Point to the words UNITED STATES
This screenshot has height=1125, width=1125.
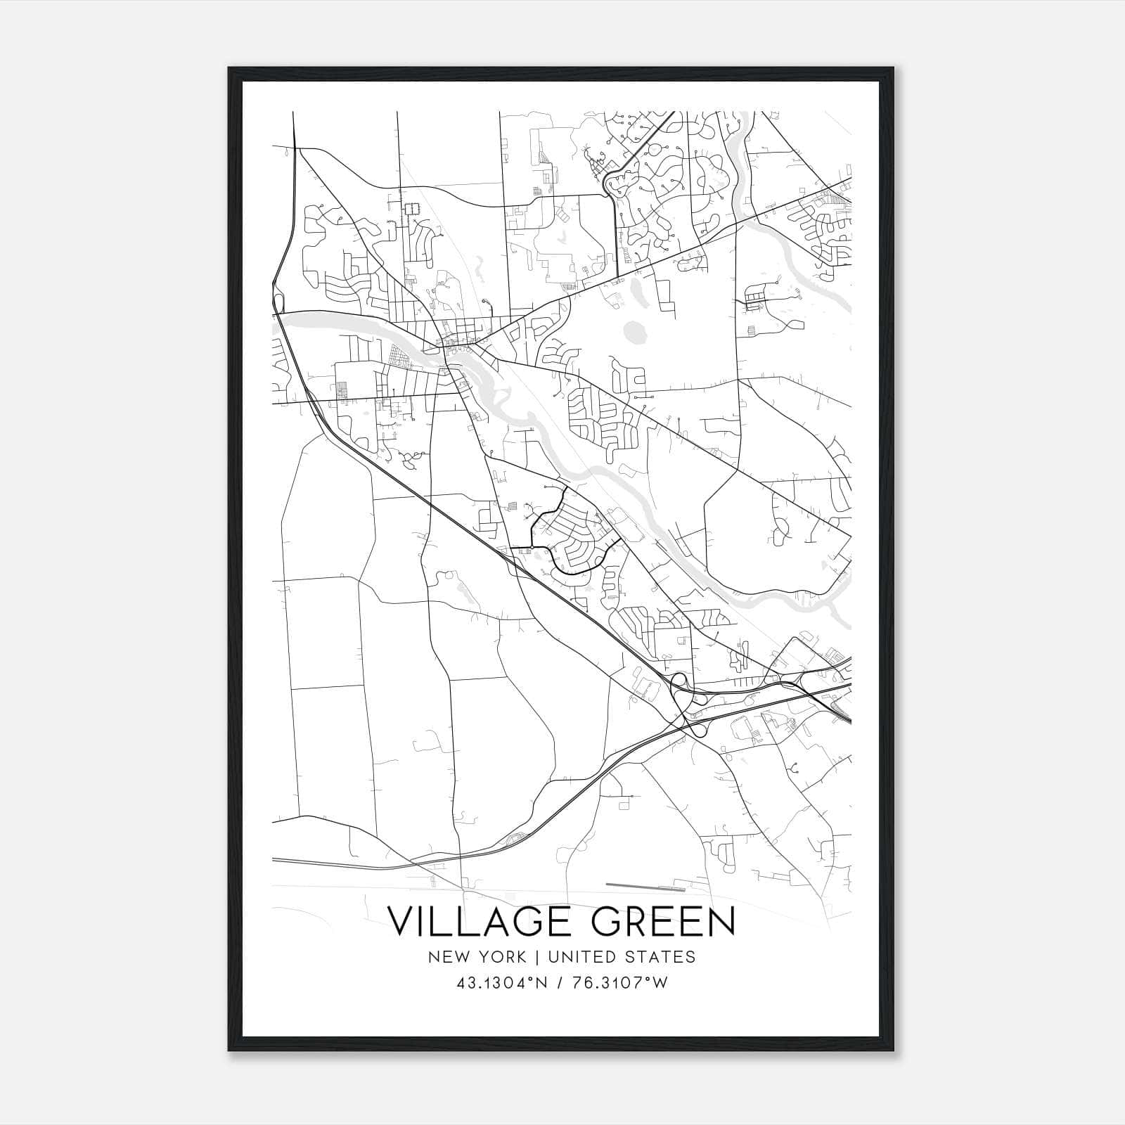point(622,957)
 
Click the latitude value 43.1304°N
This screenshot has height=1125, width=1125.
point(501,983)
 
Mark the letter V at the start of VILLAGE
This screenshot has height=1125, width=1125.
point(403,922)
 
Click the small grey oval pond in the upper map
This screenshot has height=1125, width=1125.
point(636,330)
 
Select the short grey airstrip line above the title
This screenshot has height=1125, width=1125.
point(634,885)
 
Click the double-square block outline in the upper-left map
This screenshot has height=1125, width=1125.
point(410,208)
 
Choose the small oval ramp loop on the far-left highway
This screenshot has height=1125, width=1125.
point(279,303)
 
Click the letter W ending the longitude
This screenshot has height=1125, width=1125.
point(660,983)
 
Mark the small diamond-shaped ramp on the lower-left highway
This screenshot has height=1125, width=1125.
point(517,837)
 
